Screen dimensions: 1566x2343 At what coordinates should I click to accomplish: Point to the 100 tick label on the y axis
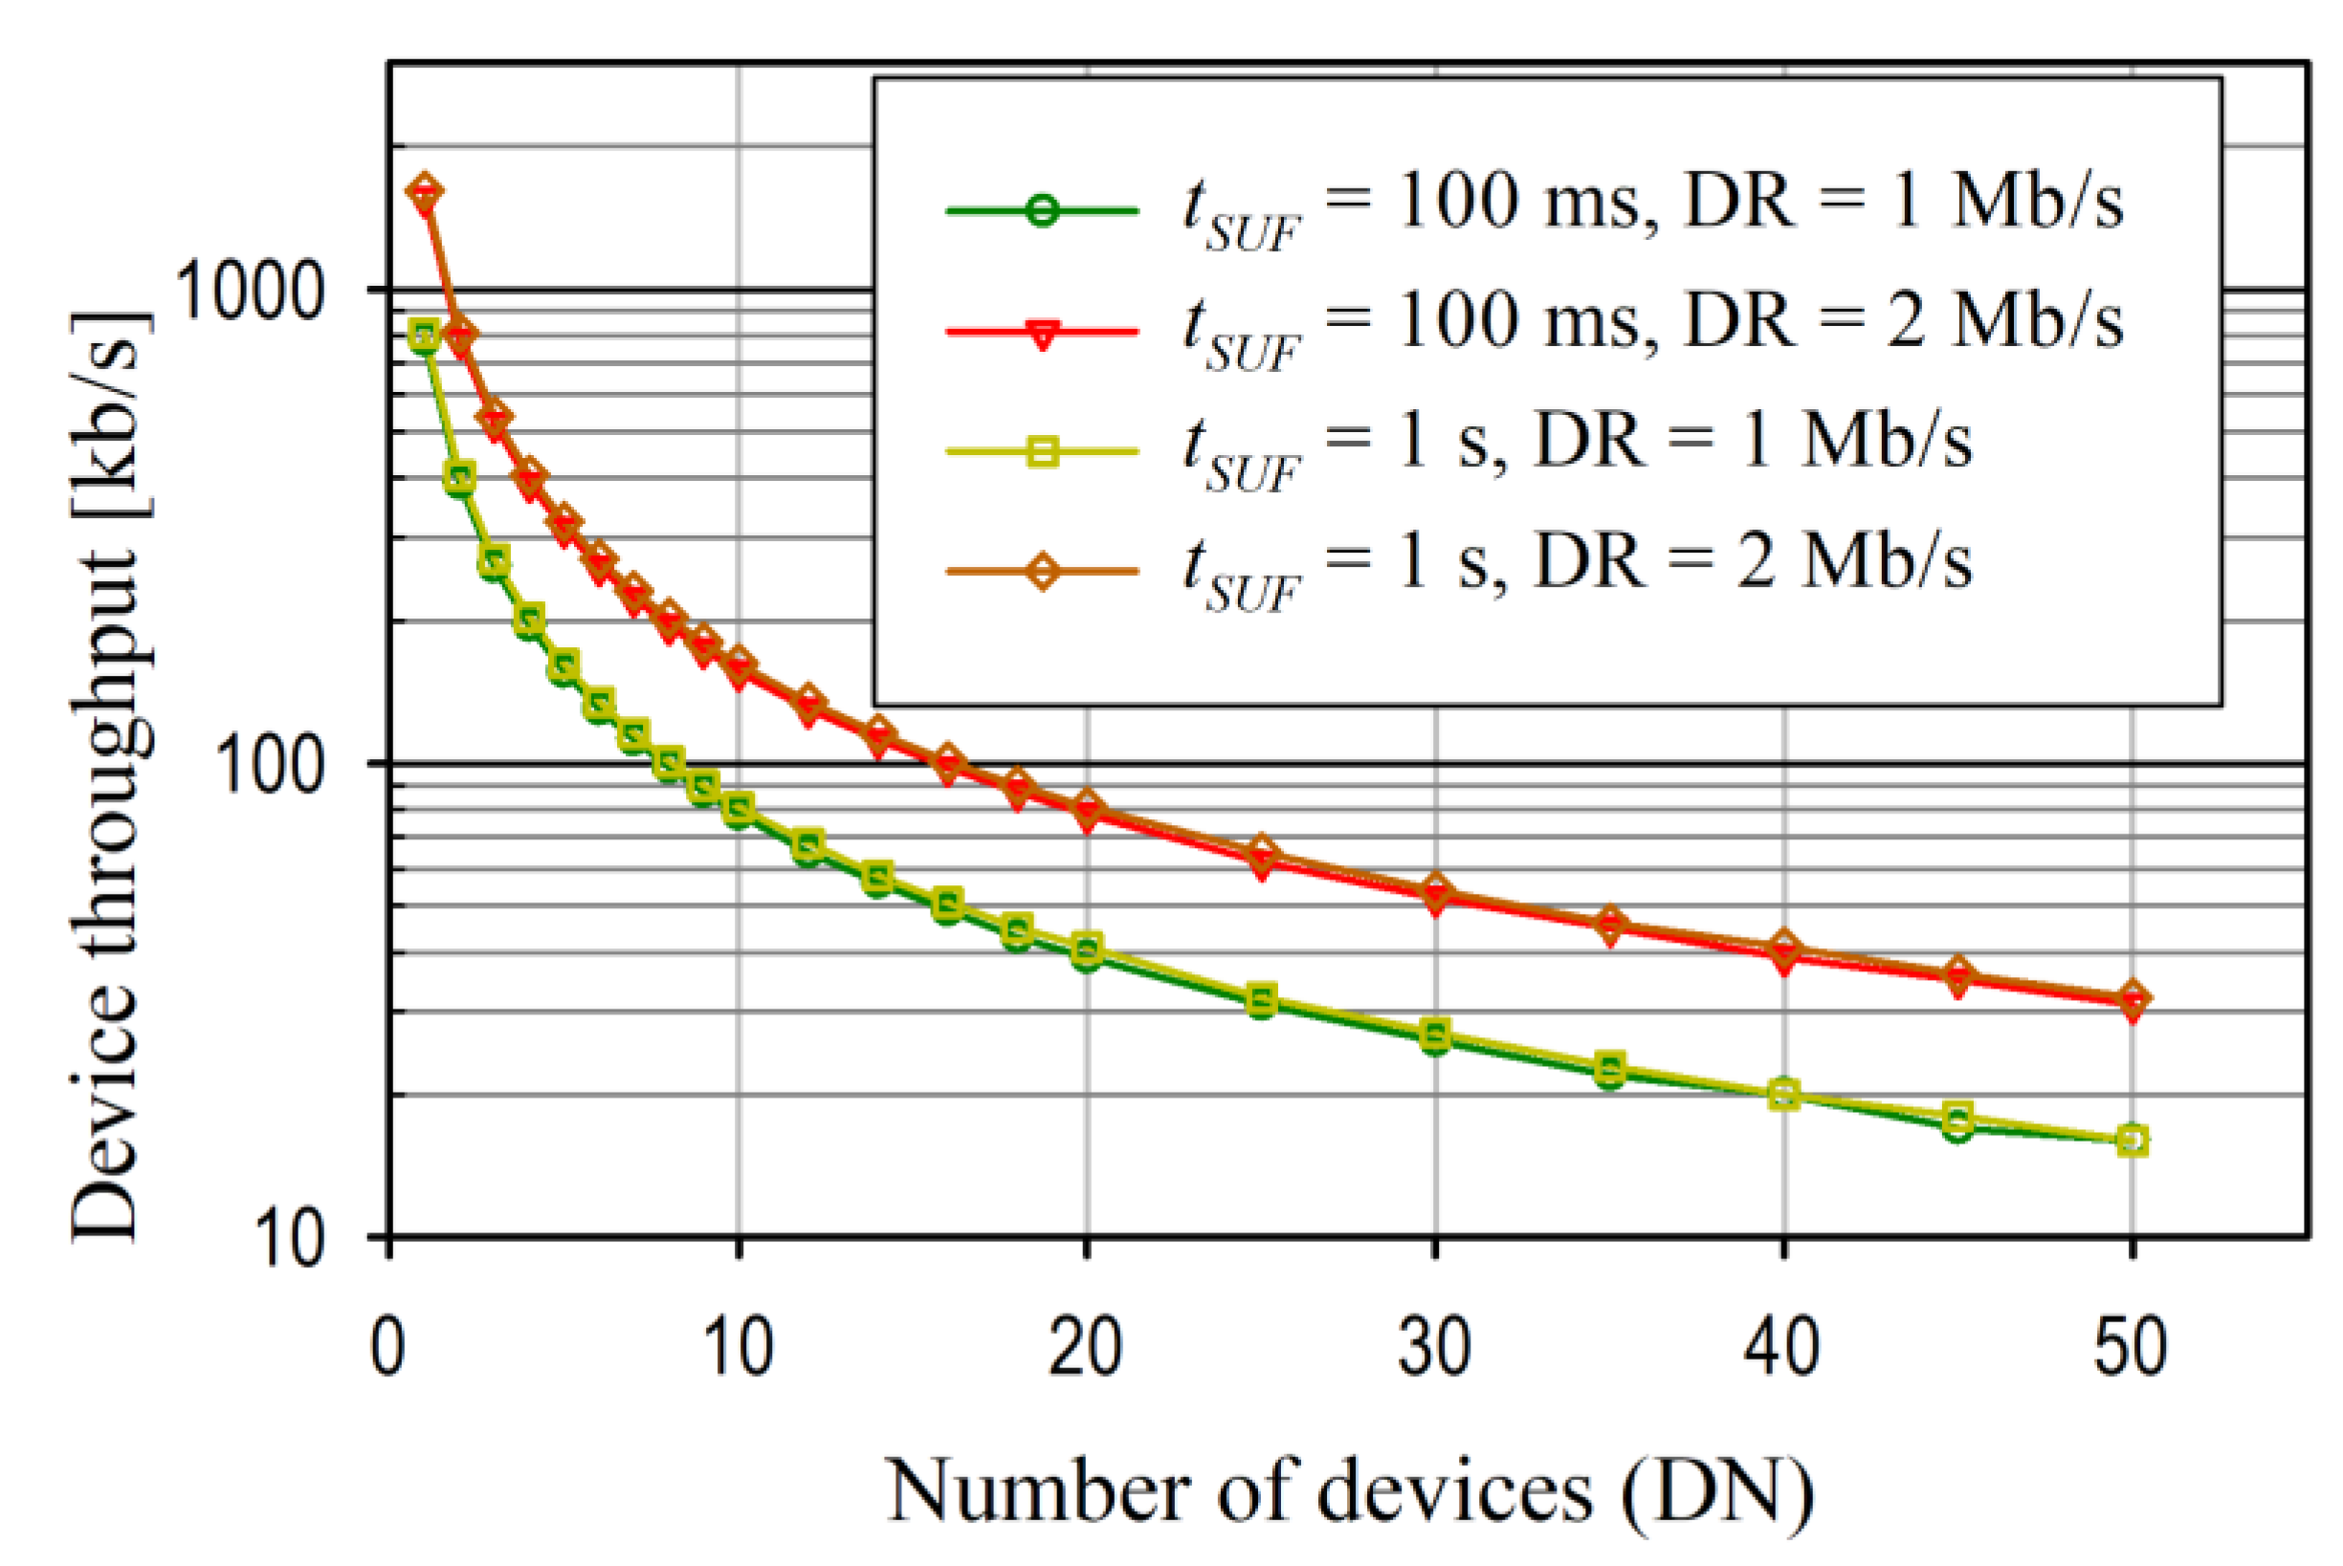[271, 767]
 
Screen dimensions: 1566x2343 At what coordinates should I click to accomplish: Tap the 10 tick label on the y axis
[291, 1240]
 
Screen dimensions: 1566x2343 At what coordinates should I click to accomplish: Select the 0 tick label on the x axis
[387, 1347]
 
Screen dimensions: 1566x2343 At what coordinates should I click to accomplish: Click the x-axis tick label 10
[738, 1347]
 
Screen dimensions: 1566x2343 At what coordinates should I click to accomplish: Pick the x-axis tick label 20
[1085, 1347]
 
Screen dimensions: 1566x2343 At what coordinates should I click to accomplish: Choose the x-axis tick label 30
[1435, 1347]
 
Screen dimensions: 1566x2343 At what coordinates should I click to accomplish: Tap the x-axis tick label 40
[1782, 1347]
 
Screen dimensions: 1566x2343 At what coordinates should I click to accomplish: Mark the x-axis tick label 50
[2132, 1347]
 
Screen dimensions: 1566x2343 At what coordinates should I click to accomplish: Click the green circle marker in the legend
[1042, 211]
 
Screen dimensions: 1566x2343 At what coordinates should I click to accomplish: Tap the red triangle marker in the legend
[1042, 333]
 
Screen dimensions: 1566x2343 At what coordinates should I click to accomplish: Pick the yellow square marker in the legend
[1042, 452]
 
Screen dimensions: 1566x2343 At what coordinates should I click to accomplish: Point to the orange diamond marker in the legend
[1042, 573]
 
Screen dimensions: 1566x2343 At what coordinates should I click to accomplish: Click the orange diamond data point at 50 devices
[2133, 997]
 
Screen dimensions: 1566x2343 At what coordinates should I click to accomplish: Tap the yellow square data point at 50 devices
[2133, 1141]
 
